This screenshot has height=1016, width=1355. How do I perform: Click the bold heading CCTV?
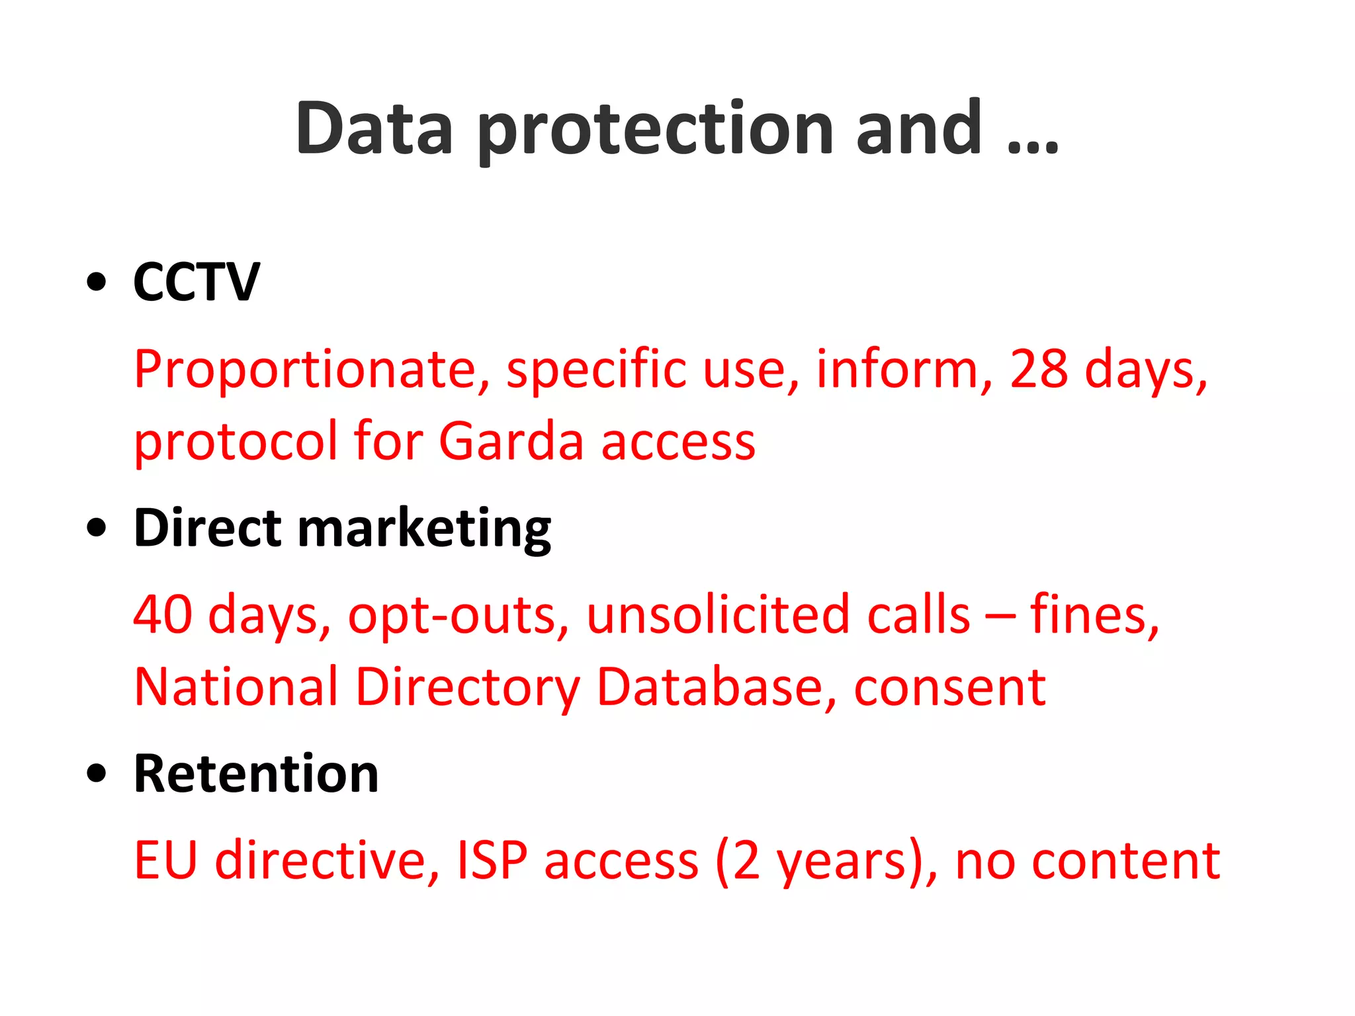pos(197,282)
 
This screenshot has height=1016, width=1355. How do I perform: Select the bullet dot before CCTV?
pos(97,282)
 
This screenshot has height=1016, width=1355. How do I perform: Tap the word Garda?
pos(511,441)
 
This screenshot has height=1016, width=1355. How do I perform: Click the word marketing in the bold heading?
pos(424,529)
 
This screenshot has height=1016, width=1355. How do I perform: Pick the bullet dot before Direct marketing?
pos(97,529)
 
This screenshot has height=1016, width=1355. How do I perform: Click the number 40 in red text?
pos(163,614)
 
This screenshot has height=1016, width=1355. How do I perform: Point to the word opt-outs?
pos(458,616)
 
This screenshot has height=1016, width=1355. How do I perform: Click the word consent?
pos(949,687)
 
